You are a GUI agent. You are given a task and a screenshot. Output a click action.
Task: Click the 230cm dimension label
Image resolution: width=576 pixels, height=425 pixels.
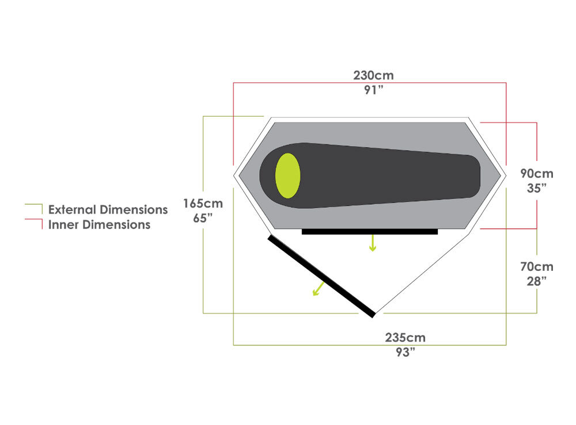point(373,75)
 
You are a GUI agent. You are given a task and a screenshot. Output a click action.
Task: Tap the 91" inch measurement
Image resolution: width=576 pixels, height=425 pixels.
point(373,90)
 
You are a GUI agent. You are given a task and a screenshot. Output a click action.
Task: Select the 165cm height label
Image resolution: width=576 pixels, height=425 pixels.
point(203,204)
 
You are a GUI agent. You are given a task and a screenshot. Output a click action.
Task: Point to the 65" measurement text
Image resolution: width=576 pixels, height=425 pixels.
point(203,218)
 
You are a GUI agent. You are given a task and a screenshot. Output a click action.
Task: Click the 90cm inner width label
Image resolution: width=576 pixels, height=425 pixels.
point(537,174)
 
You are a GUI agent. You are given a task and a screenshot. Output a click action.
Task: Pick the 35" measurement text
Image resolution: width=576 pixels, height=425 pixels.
point(537,189)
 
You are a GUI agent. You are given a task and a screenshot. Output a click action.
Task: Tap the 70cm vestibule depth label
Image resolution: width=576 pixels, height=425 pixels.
point(537,267)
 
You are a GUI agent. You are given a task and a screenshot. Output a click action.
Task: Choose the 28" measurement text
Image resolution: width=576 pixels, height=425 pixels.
point(537,282)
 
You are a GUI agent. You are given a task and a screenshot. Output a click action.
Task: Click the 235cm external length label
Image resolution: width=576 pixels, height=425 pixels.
point(405,338)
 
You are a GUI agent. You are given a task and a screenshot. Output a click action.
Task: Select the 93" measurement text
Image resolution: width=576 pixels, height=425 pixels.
point(405,353)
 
